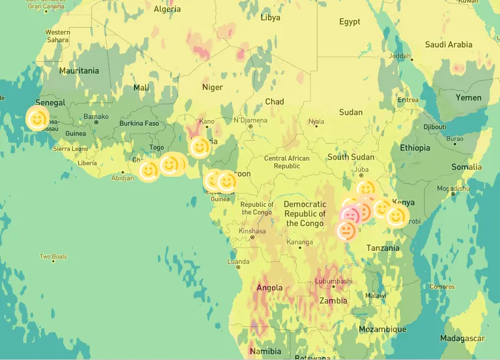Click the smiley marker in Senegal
[x=37, y=120]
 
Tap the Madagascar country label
[x=462, y=338]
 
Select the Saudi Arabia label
[x=448, y=45]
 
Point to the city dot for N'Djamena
[x=250, y=126]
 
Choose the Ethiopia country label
[x=415, y=148]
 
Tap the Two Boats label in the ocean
[x=53, y=256]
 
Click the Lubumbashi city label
[x=333, y=281]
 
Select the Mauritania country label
[x=79, y=71]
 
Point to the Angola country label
[x=269, y=288]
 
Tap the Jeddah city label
[x=400, y=56]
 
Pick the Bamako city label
[x=96, y=117]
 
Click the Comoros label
[x=442, y=287]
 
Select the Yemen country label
[x=468, y=98]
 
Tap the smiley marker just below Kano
[x=200, y=147]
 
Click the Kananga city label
[x=300, y=242]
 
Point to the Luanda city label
[x=238, y=261]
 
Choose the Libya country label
[x=270, y=18]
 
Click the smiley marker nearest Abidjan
[x=148, y=170]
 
